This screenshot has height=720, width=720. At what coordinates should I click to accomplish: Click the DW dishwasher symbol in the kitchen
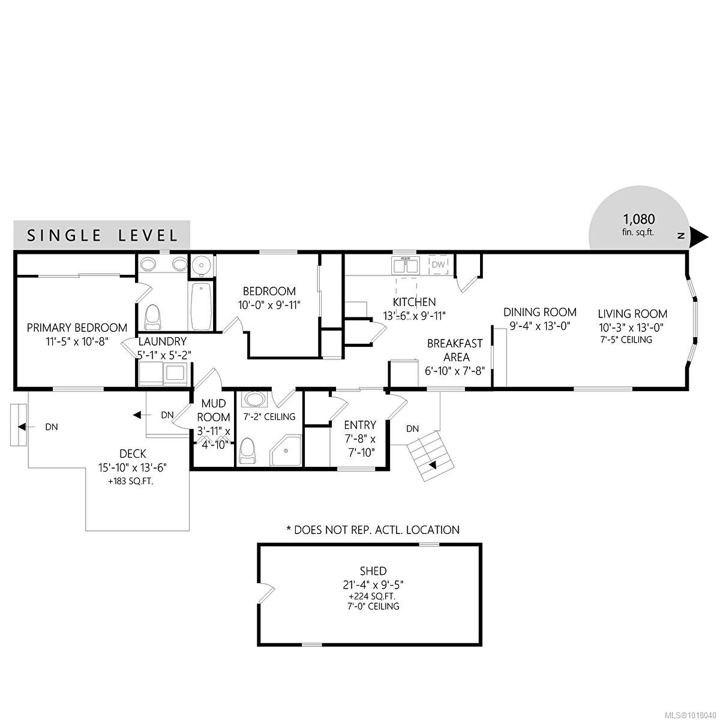tap(438, 265)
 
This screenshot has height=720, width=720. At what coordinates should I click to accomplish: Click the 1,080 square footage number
tap(638, 218)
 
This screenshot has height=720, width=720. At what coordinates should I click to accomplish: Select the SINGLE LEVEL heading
tap(102, 236)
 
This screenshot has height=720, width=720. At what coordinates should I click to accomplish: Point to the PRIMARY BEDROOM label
tap(77, 328)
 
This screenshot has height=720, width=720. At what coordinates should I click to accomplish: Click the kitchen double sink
tap(406, 265)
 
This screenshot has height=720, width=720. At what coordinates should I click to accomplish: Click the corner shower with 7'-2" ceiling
tap(286, 450)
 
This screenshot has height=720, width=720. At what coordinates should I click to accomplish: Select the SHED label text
tap(373, 571)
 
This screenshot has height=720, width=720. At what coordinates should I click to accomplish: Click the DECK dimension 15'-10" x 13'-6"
tap(133, 467)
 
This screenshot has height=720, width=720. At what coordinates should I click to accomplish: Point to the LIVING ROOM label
tap(632, 313)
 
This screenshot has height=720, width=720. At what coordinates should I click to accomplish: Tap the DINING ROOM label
tap(540, 312)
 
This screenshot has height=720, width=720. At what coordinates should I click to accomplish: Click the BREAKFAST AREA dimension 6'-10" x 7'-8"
tap(455, 371)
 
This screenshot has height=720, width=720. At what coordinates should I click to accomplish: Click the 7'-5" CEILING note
tap(626, 340)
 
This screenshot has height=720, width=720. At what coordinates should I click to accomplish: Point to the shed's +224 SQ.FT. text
tap(373, 596)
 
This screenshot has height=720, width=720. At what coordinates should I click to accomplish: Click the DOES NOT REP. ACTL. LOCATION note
tap(373, 530)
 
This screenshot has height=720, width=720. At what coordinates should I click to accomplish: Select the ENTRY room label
tap(360, 425)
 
